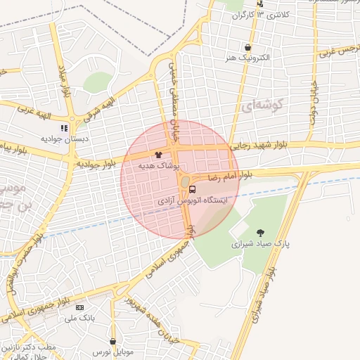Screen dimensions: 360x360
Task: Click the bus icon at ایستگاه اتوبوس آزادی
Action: (193, 189)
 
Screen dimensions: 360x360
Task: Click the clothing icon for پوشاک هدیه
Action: (157, 154)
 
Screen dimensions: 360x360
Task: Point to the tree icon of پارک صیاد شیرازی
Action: (261, 233)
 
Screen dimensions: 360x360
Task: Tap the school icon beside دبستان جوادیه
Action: (65, 129)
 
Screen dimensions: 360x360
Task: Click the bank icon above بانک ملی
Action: (79, 307)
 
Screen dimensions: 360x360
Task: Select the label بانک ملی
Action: (79, 319)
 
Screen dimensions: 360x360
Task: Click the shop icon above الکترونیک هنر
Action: (247, 47)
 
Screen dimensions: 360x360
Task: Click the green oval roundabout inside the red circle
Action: (184, 184)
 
